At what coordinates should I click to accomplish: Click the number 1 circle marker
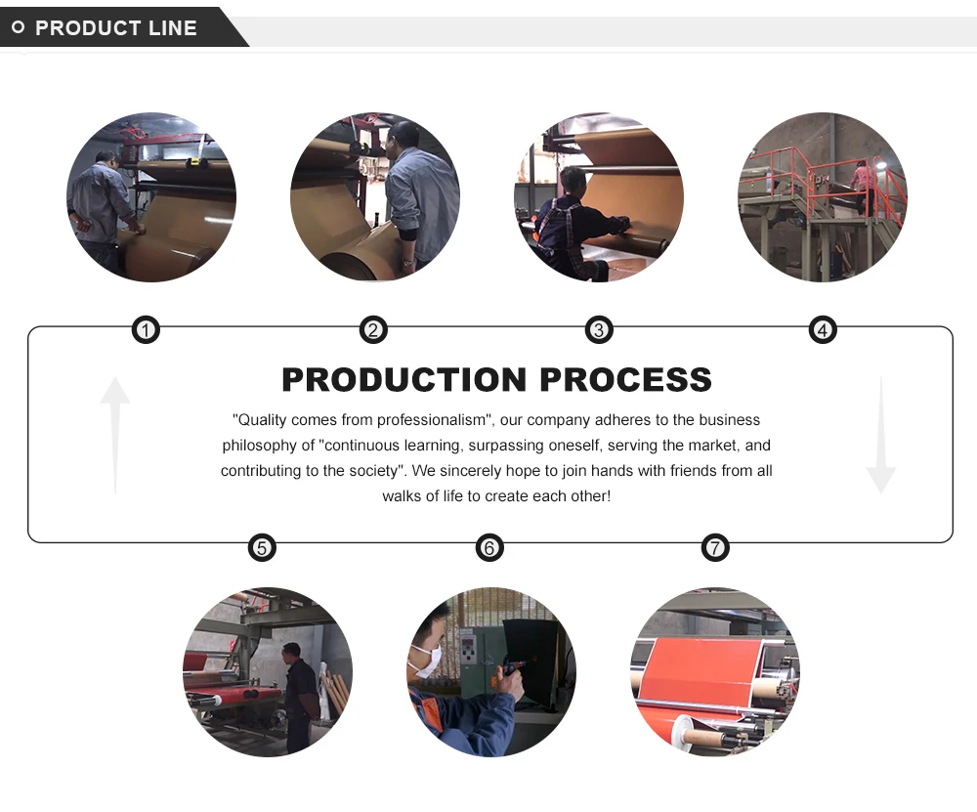coord(146,330)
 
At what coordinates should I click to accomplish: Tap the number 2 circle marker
coord(373,330)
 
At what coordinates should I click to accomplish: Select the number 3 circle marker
coord(599,330)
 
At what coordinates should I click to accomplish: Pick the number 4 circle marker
coord(823,330)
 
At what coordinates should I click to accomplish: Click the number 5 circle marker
coord(262,548)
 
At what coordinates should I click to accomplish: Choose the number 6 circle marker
coord(489,548)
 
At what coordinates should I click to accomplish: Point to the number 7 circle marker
coord(716,548)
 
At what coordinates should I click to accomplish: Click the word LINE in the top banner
coord(173,27)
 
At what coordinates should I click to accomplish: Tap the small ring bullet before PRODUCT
coord(18,27)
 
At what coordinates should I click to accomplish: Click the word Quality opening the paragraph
coord(263,420)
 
